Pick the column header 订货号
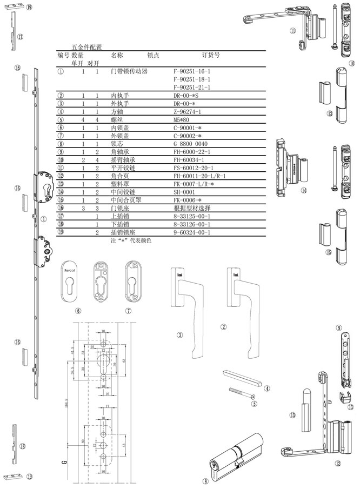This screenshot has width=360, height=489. click(x=210, y=55)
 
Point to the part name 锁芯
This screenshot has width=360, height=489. click(x=117, y=144)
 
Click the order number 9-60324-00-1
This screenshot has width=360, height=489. click(x=192, y=233)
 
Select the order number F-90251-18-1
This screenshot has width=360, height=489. click(x=191, y=79)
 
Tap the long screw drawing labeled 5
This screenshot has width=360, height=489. click(x=242, y=393)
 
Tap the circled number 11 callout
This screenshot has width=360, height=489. click(x=292, y=31)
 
